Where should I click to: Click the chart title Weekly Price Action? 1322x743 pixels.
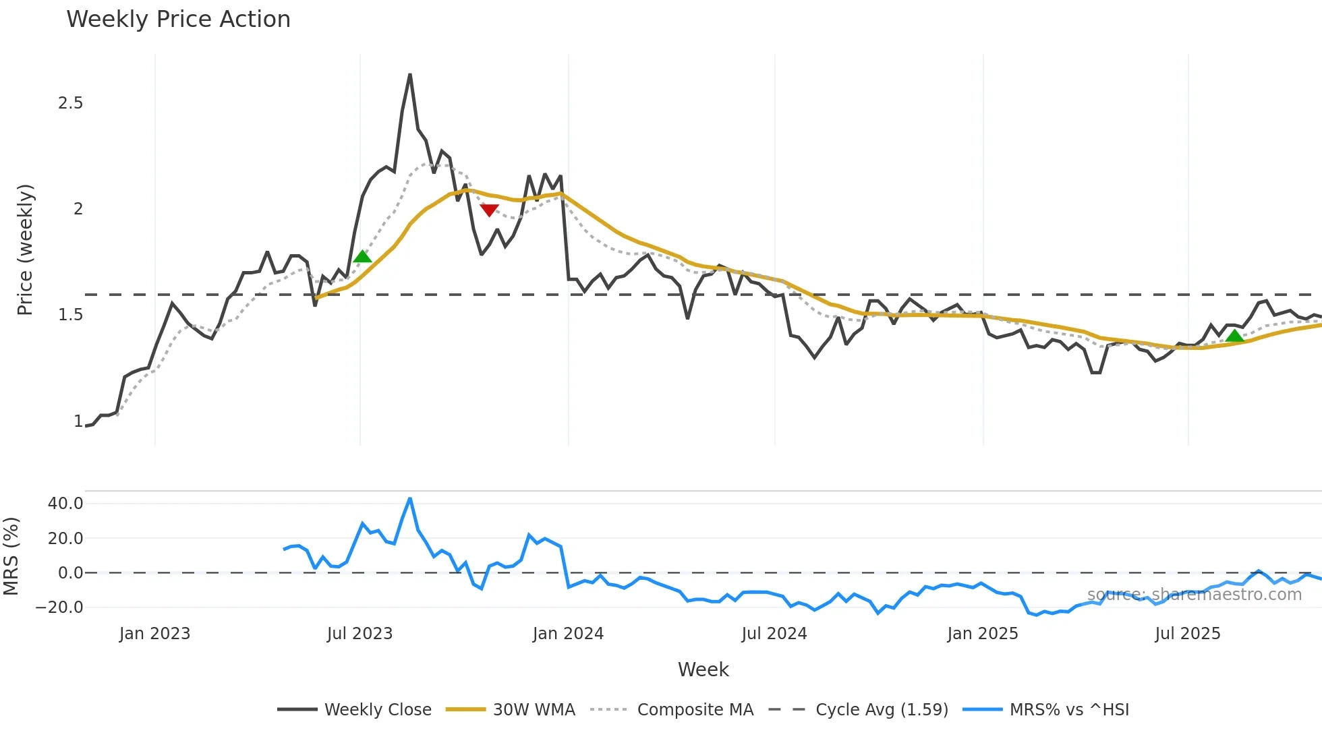point(178,20)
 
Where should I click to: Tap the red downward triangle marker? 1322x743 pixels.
point(489,210)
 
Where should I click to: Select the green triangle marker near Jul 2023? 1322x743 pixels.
point(362,256)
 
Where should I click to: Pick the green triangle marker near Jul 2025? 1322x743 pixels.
point(1234,336)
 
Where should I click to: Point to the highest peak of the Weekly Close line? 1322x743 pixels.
point(409,75)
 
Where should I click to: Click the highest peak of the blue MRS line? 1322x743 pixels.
point(409,499)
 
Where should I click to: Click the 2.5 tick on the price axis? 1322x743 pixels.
point(70,103)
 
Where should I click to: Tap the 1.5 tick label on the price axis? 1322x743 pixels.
point(70,315)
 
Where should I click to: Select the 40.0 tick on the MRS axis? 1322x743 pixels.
point(65,504)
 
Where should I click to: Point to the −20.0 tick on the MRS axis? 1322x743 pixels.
point(59,607)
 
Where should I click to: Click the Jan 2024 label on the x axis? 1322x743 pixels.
point(568,634)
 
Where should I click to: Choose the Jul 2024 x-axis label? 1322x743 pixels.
point(774,634)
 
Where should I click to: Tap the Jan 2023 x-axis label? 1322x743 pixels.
point(154,634)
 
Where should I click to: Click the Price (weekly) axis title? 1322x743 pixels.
point(25,249)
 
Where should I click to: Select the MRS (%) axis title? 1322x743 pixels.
point(11,556)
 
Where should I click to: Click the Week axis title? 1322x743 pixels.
point(703,670)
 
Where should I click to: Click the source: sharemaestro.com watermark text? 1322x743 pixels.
point(1194,595)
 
